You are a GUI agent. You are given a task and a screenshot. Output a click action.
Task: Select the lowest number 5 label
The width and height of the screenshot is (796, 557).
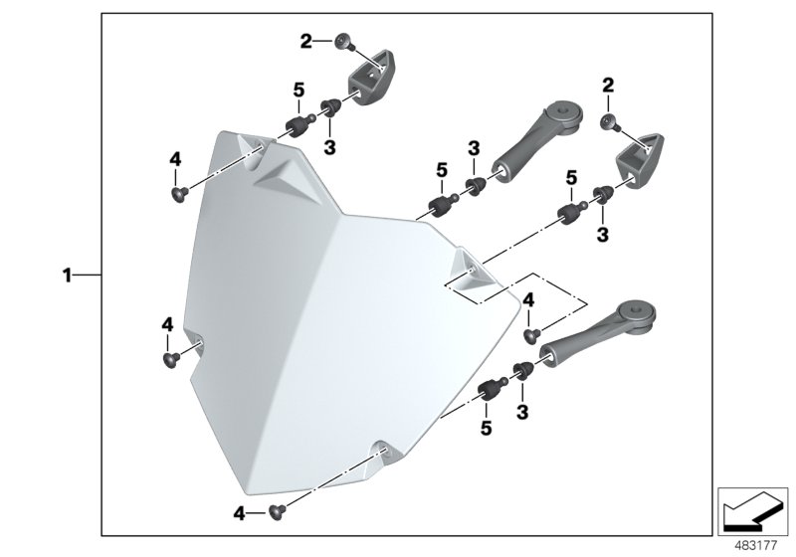[x=487, y=428]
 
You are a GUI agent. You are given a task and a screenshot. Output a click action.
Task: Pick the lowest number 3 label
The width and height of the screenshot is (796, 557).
[x=520, y=410]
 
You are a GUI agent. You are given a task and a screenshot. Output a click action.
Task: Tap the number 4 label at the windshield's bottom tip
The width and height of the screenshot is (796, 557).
[x=239, y=513]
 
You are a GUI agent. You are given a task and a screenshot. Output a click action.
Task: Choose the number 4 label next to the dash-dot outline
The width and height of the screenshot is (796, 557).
[x=528, y=299]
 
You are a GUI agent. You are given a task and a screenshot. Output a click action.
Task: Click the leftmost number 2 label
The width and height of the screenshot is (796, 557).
[x=306, y=41]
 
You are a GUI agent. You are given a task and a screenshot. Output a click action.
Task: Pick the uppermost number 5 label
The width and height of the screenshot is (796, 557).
[x=298, y=92]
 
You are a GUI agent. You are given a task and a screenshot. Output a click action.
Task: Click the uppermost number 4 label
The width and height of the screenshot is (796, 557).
[x=175, y=159]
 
